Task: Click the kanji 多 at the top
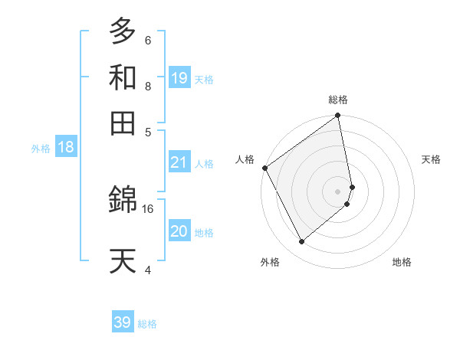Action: click(x=123, y=31)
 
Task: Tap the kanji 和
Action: click(x=123, y=78)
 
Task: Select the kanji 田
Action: click(x=123, y=122)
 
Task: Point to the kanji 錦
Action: click(x=123, y=201)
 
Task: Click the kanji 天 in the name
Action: click(x=123, y=260)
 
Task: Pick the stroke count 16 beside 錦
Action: click(x=148, y=208)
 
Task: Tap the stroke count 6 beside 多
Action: click(x=148, y=40)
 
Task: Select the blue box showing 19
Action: click(x=179, y=77)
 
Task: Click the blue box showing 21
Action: click(x=179, y=162)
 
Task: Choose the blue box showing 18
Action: click(x=66, y=147)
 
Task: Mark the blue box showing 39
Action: click(x=123, y=322)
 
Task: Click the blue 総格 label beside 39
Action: click(x=147, y=324)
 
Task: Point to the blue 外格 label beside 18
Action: click(x=41, y=149)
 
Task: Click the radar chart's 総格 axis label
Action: click(x=337, y=100)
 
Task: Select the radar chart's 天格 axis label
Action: click(x=431, y=159)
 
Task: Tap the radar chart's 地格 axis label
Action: click(x=402, y=262)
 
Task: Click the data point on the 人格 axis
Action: click(x=264, y=168)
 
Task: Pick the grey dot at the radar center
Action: click(x=337, y=191)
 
